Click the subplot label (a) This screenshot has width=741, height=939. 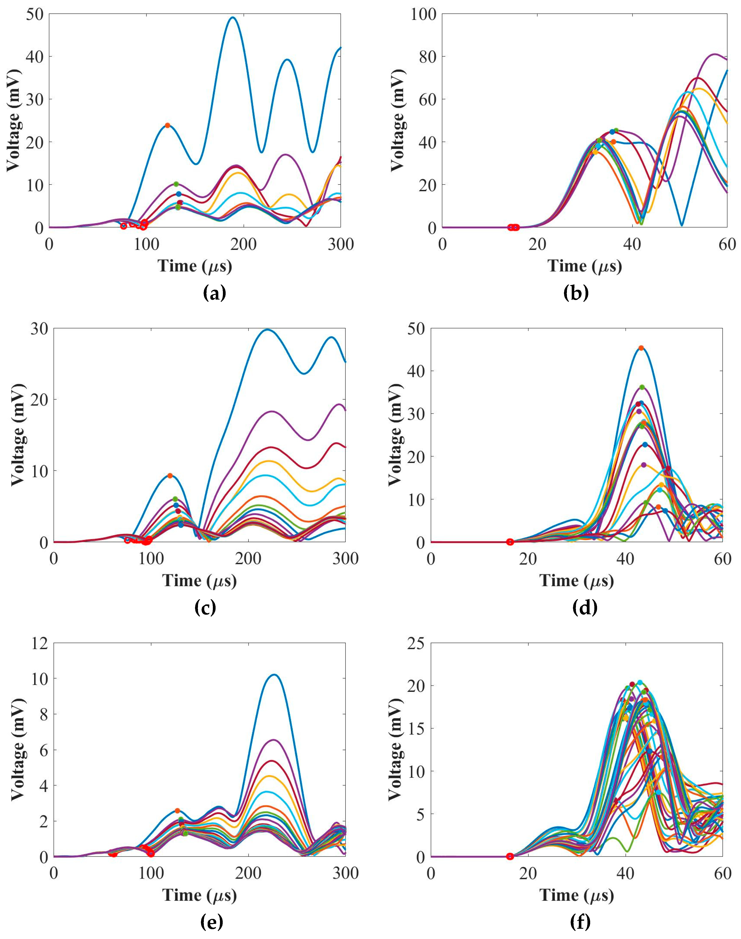tap(214, 294)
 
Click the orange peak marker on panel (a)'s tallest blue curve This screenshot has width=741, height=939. tap(167, 125)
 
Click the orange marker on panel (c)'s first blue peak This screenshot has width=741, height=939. tap(170, 475)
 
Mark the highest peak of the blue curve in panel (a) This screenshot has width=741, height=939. tap(233, 17)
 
